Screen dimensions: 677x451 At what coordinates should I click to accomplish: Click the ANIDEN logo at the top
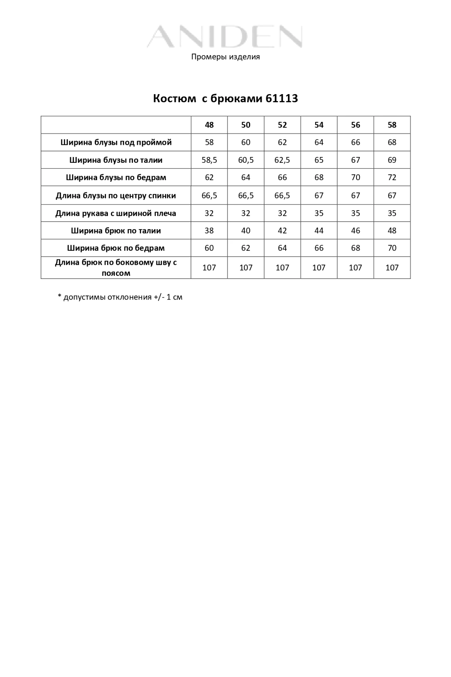pos(225,37)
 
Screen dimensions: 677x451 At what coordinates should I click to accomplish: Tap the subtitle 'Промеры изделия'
pos(225,57)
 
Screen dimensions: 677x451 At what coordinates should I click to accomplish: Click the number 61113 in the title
pos(282,99)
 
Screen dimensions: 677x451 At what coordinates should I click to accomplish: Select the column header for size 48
pos(209,125)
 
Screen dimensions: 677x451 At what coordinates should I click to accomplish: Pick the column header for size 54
pos(319,125)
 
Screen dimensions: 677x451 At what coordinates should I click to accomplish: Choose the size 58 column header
pos(392,125)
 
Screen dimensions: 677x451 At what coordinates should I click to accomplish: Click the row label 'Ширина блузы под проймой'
pos(116,143)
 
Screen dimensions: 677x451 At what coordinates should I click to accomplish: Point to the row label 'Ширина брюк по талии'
pos(116,231)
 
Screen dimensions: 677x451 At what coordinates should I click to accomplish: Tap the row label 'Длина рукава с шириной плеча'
pos(116,213)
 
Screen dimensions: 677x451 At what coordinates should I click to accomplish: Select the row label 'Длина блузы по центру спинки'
pos(116,196)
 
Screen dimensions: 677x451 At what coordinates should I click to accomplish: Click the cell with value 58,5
pos(209,160)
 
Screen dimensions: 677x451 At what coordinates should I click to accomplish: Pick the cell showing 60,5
pos(246,160)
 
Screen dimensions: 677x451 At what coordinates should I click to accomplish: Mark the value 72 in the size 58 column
pos(392,177)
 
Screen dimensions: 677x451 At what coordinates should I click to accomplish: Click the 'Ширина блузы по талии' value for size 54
pos(319,160)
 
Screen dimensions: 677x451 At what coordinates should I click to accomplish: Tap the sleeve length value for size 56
pos(355,213)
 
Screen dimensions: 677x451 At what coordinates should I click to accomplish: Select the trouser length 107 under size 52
pos(282,268)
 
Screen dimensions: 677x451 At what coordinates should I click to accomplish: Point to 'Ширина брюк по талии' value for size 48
pos(209,231)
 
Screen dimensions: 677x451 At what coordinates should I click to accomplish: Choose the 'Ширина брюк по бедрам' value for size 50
pos(246,248)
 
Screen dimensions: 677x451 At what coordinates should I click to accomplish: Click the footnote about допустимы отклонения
pos(120,297)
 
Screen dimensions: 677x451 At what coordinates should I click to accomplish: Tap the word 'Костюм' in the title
pos(174,99)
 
